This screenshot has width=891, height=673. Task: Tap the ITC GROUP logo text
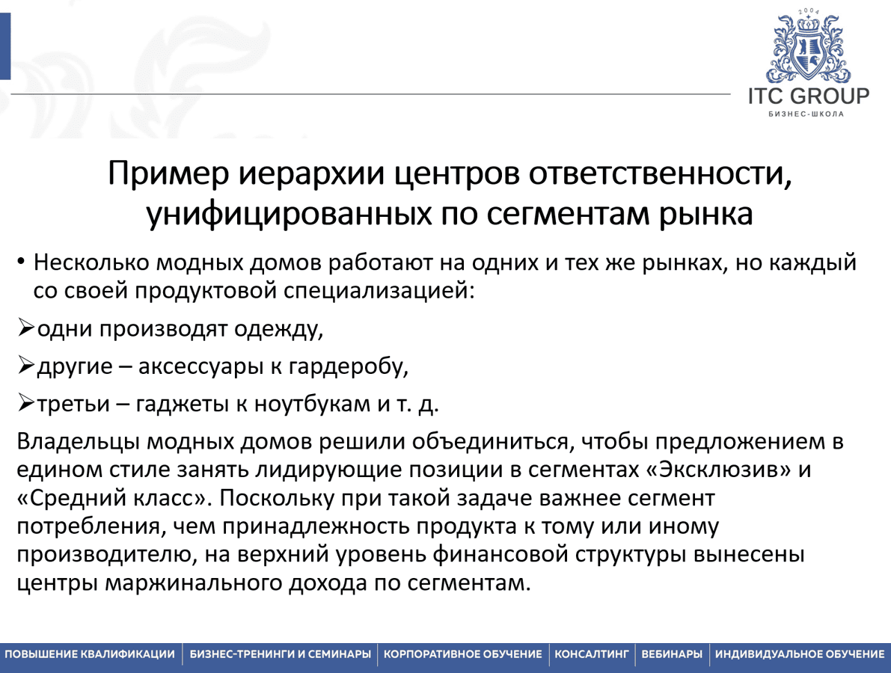point(808,96)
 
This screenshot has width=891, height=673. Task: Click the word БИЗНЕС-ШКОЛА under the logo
point(806,114)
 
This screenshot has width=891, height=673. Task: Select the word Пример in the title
point(168,173)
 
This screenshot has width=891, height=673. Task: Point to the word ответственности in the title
point(661,173)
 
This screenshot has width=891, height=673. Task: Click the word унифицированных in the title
point(289,215)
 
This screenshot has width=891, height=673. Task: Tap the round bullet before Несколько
point(20,262)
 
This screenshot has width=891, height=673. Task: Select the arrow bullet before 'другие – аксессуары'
point(25,365)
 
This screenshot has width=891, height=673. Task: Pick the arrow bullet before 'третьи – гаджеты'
point(25,402)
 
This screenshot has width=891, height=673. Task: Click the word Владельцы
point(79,442)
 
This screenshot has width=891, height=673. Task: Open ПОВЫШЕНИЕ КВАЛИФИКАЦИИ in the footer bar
point(90,654)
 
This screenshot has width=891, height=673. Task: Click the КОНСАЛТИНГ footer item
point(592,654)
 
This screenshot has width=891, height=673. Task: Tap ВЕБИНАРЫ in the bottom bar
point(672,654)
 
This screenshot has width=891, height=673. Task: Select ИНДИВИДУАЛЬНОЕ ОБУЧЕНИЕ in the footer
point(800,654)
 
